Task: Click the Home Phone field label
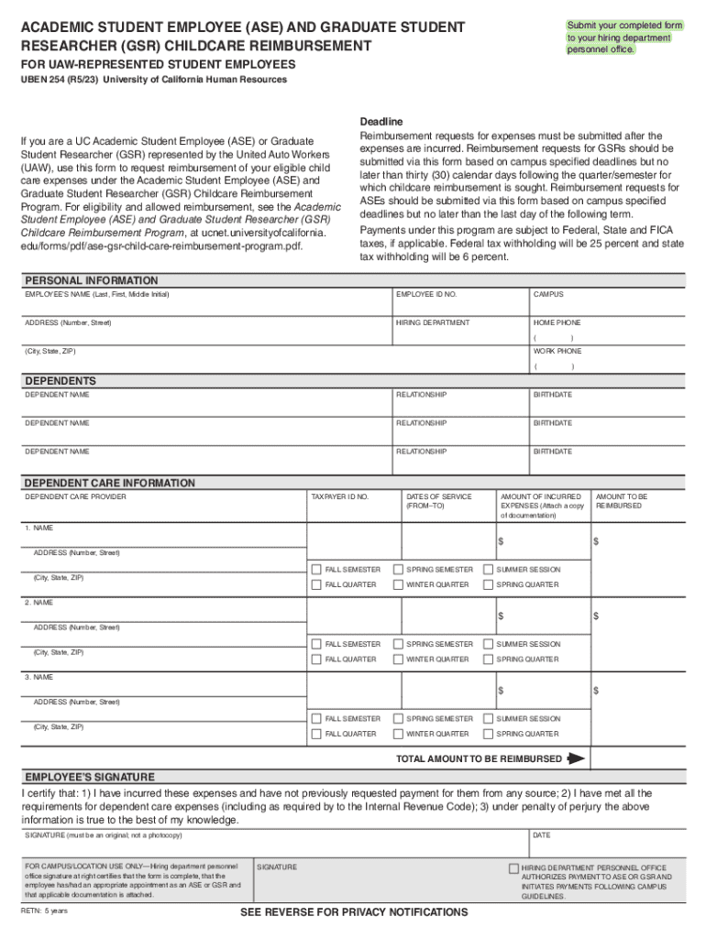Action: tap(557, 322)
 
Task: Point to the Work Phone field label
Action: tap(557, 351)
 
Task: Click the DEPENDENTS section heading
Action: tap(61, 381)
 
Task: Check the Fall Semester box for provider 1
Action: tap(316, 570)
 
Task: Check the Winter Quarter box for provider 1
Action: tap(398, 584)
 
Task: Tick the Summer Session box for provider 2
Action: tap(488, 644)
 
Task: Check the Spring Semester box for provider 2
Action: tap(398, 644)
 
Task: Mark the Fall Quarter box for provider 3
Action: tap(316, 734)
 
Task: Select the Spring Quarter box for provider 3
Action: tap(488, 734)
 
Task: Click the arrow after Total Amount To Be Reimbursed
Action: tap(576, 758)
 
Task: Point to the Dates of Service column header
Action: tap(438, 501)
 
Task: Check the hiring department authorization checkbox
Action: tap(513, 867)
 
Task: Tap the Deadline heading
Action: tap(381, 122)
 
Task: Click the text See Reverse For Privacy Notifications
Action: tap(354, 912)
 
